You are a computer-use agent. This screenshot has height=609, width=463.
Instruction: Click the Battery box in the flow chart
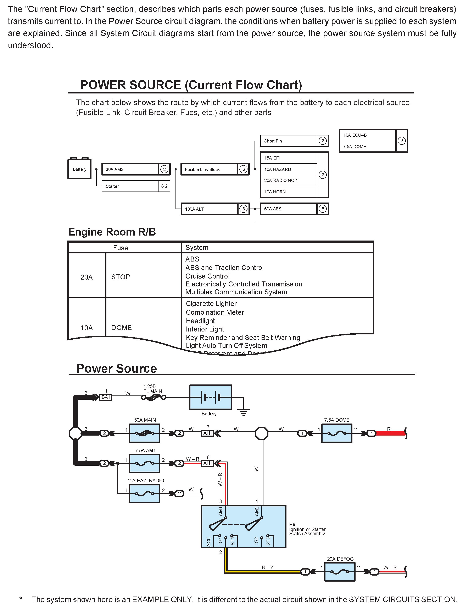point(79,169)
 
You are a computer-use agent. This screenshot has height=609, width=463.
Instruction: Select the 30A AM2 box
point(130,169)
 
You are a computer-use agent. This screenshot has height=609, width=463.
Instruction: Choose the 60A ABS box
point(288,209)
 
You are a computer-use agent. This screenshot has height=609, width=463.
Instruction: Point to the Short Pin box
point(288,141)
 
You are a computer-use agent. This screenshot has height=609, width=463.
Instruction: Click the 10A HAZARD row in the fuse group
point(288,169)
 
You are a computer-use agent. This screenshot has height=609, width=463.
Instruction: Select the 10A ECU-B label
point(355,135)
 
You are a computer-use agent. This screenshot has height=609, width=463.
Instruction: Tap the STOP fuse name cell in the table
point(121,277)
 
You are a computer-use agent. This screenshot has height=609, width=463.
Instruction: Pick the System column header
point(197,248)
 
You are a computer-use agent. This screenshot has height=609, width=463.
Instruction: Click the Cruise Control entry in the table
point(207,276)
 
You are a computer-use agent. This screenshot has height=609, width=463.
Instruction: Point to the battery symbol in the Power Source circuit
point(210,397)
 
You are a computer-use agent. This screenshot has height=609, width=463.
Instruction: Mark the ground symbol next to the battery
point(244,412)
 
